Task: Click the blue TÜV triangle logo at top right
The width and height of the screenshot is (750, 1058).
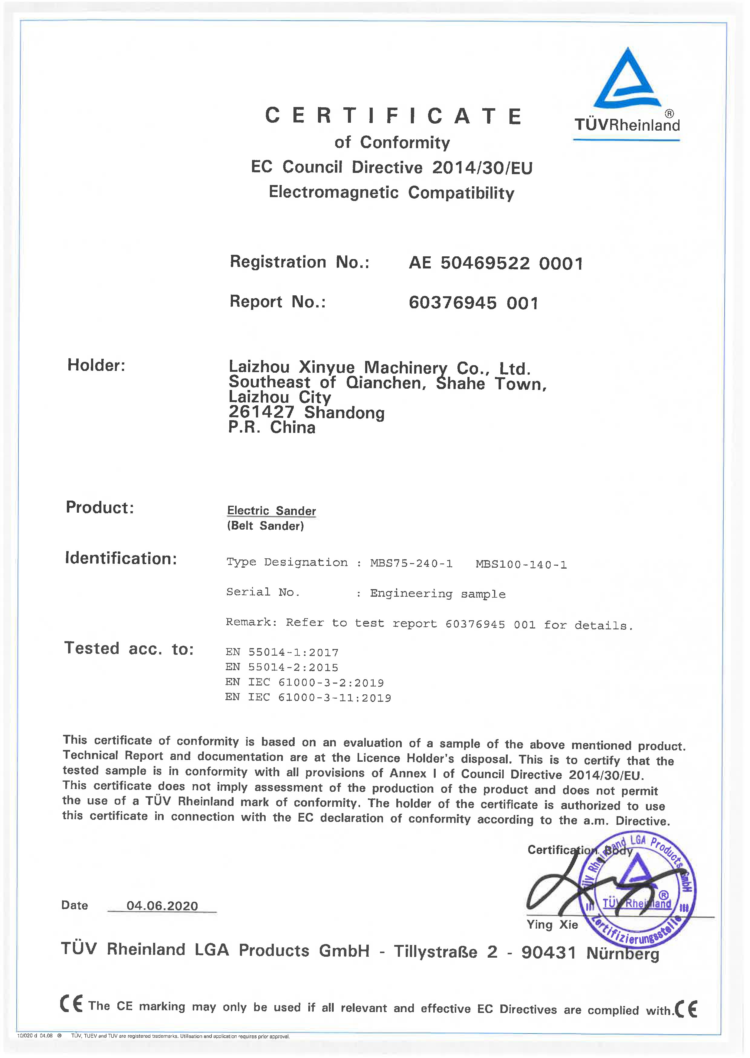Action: [x=627, y=80]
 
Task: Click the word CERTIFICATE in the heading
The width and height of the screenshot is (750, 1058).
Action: [x=394, y=116]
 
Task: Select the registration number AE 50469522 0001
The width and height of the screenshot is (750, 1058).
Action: [x=496, y=264]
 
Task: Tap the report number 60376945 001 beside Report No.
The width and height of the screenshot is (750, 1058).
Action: [x=473, y=303]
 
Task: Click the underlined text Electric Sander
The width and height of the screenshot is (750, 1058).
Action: [x=272, y=511]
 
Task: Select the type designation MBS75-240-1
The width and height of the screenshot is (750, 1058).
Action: [x=411, y=563]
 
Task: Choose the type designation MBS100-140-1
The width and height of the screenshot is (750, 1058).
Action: [x=521, y=565]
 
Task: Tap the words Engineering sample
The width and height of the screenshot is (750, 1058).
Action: [x=437, y=594]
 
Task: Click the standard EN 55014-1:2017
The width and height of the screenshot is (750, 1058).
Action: [x=282, y=652]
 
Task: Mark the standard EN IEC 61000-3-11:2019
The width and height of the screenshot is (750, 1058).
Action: [x=308, y=698]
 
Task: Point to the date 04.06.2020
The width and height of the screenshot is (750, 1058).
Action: [x=162, y=906]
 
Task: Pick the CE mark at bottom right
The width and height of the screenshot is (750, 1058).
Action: [x=686, y=1009]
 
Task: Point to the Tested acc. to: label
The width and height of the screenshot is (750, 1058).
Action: [x=129, y=649]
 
